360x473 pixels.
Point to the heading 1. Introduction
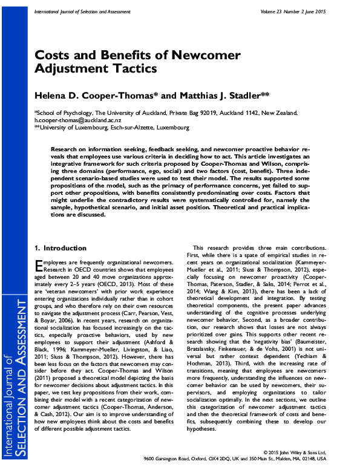[61, 248]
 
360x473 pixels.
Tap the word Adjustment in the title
[73, 68]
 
